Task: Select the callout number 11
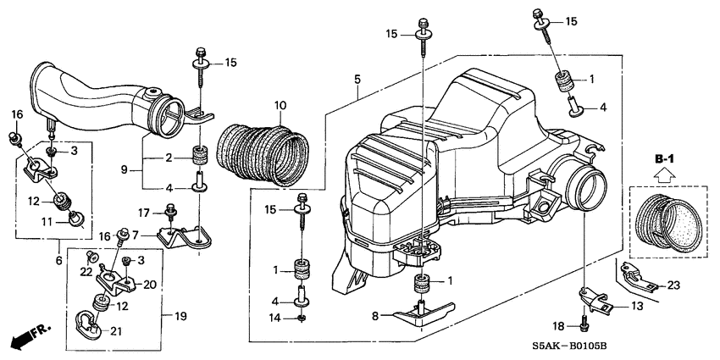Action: pyautogui.click(x=49, y=223)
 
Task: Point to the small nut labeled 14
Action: pyautogui.click(x=302, y=318)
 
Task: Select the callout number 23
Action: pyautogui.click(x=674, y=285)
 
